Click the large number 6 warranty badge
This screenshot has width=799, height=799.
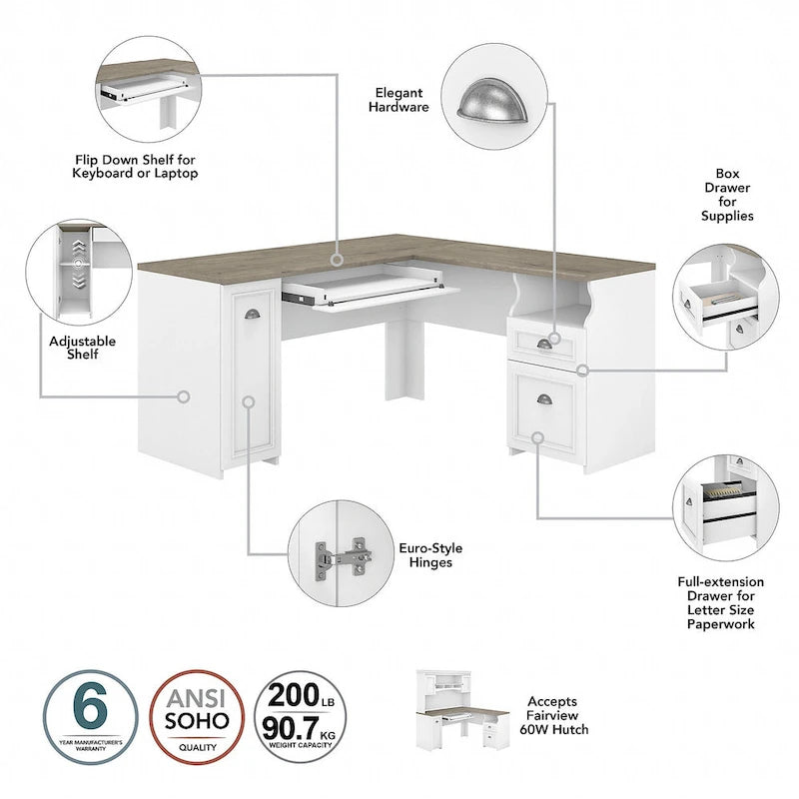tap(91, 716)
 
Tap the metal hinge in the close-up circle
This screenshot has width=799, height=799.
tap(340, 559)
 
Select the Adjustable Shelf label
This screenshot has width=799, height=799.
tap(82, 347)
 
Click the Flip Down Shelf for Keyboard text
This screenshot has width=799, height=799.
tap(135, 166)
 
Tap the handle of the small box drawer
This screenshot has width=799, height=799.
tap(543, 344)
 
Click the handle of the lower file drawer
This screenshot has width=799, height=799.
tap(544, 399)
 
